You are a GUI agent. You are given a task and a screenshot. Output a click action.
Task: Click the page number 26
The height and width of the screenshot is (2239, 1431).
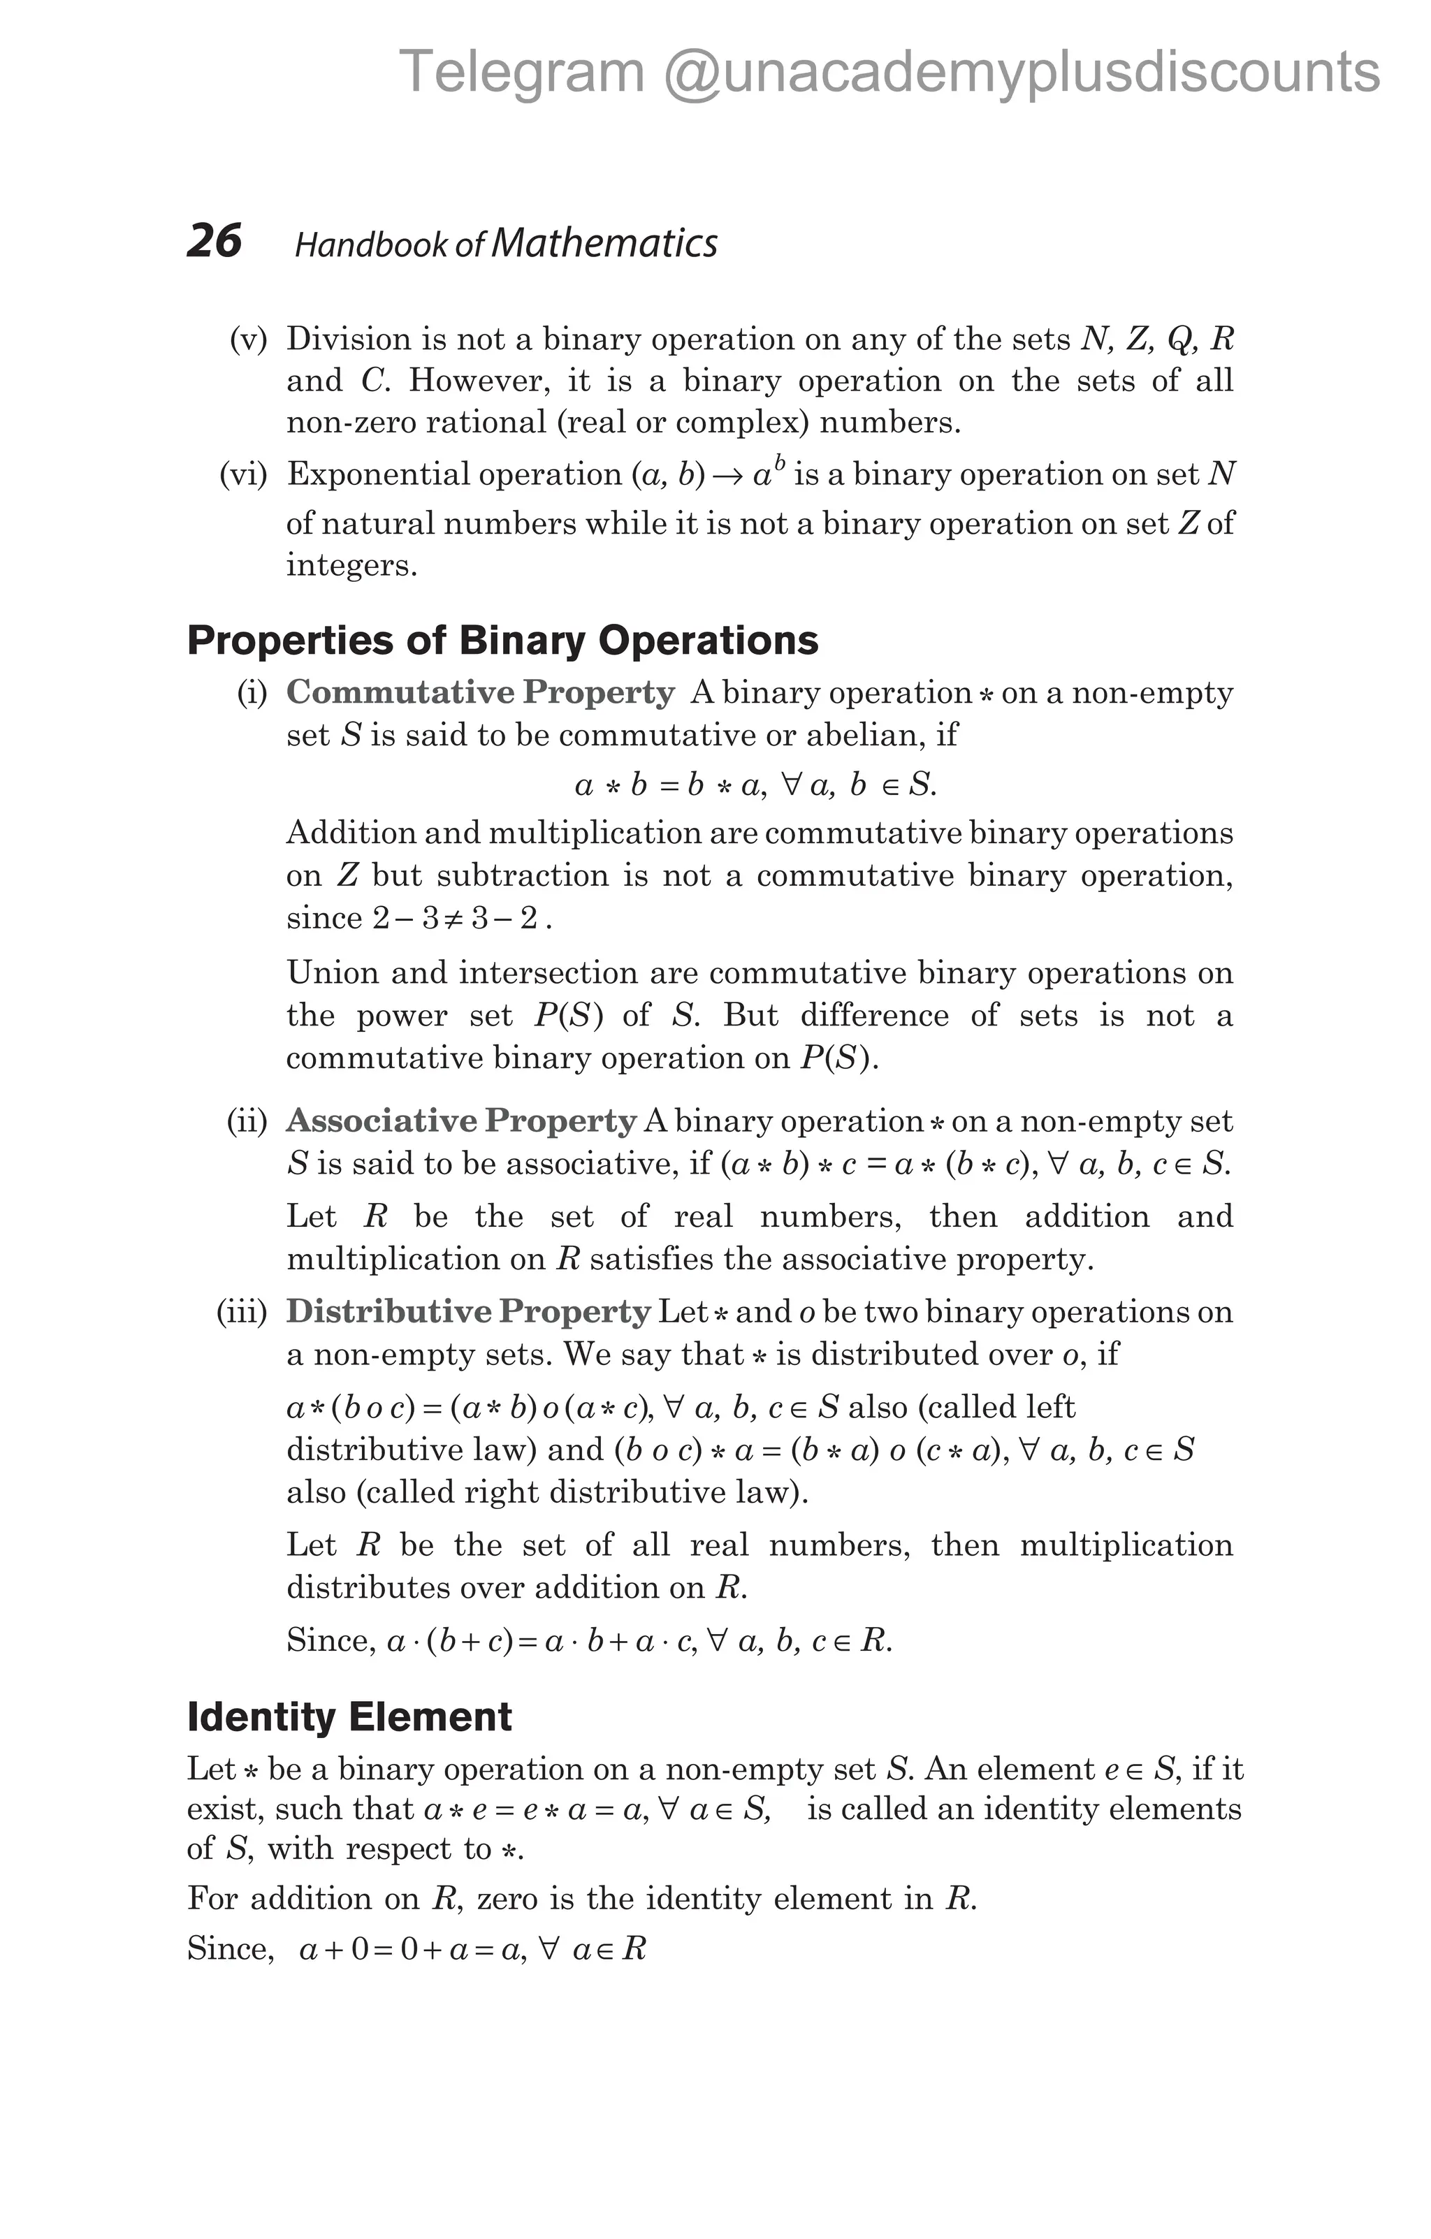pos(214,241)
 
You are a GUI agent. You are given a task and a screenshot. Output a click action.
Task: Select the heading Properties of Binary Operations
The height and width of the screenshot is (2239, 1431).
pos(502,641)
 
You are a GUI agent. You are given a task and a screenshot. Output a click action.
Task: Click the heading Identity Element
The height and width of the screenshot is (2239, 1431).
pos(349,1716)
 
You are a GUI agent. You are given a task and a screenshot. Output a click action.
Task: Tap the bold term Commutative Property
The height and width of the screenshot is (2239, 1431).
pos(480,693)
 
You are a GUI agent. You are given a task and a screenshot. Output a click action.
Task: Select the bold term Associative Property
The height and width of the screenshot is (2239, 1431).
pos(461,1121)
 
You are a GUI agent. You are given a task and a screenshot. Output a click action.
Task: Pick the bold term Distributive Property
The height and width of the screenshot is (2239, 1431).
pos(467,1312)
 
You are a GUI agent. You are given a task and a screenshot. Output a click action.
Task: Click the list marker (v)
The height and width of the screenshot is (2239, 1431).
pos(248,340)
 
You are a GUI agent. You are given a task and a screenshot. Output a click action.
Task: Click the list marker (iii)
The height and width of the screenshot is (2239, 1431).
pos(242,1313)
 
